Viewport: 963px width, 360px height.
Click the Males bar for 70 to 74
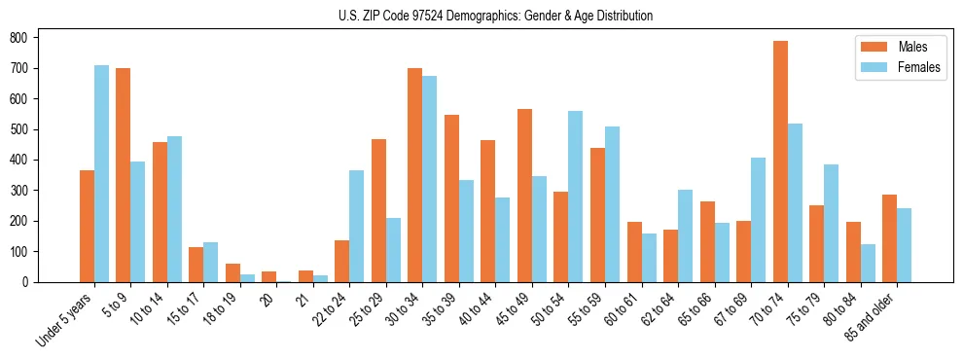(x=780, y=162)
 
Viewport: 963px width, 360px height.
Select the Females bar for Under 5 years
(x=101, y=173)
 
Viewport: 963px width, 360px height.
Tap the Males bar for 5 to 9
(x=124, y=175)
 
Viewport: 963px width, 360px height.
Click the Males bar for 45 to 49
(x=525, y=196)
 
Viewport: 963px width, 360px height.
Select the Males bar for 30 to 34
(x=415, y=175)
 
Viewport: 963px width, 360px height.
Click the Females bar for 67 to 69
(x=758, y=220)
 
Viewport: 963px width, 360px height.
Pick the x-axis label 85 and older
(x=876, y=317)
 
